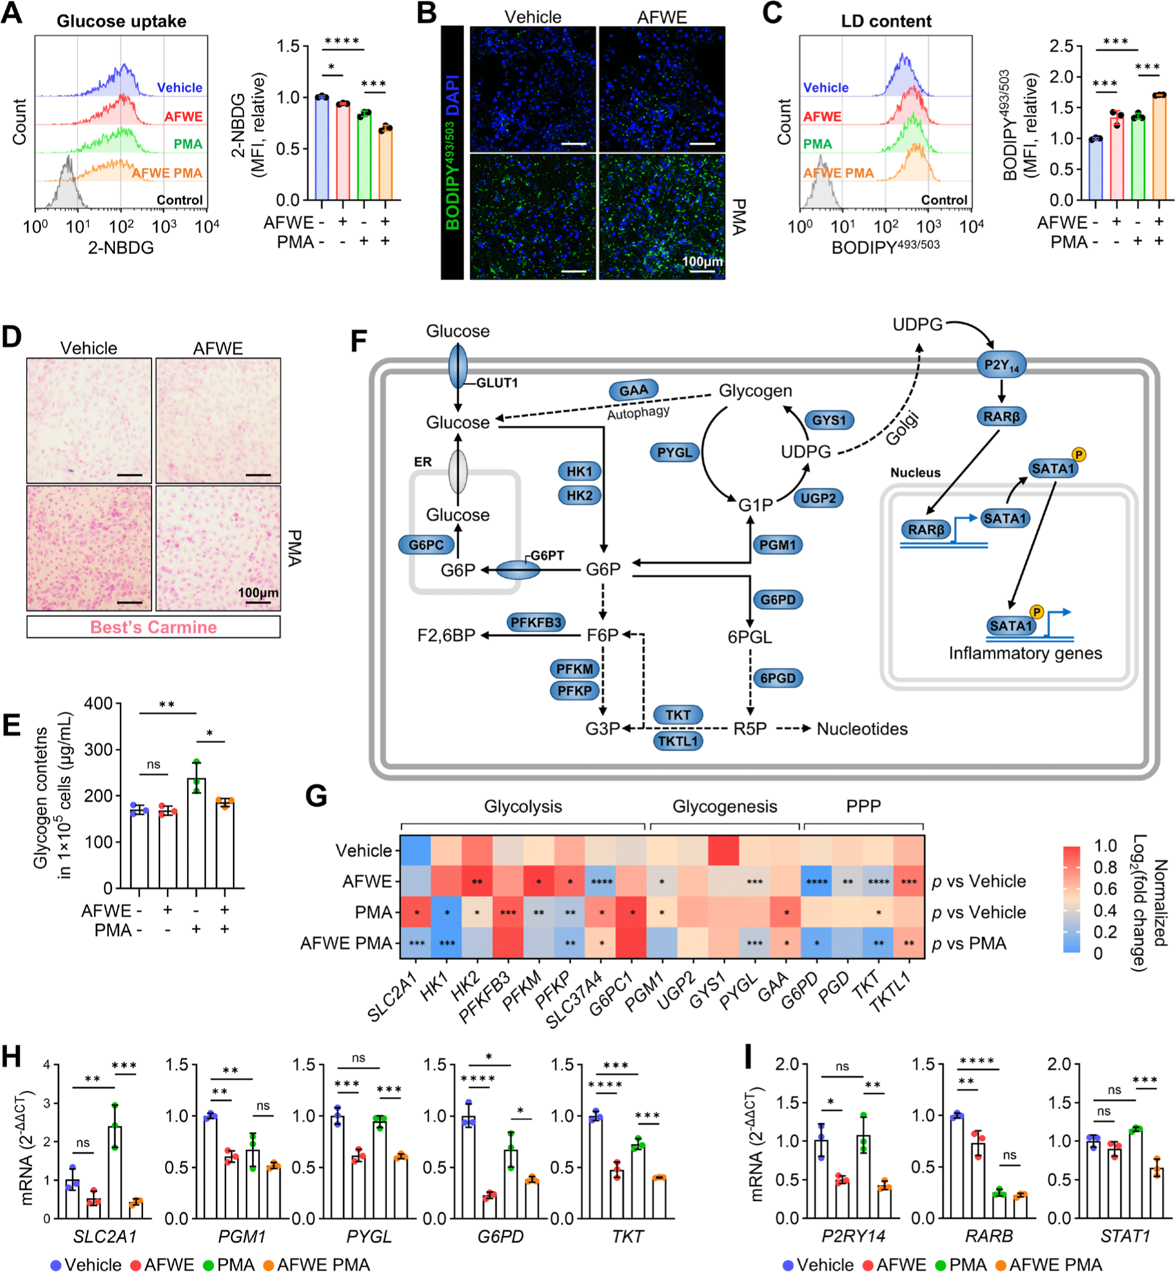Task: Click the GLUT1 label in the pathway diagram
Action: pyautogui.click(x=496, y=383)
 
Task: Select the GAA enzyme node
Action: pyautogui.click(x=633, y=391)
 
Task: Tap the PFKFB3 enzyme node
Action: pyautogui.click(x=536, y=622)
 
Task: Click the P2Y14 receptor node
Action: pyautogui.click(x=1001, y=365)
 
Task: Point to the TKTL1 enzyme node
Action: pyautogui.click(x=678, y=741)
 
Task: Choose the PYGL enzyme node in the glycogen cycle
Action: pyautogui.click(x=674, y=452)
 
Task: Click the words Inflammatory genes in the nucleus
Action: pyautogui.click(x=1025, y=653)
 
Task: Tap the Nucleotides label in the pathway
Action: pyautogui.click(x=861, y=729)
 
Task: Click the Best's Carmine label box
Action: pyautogui.click(x=153, y=627)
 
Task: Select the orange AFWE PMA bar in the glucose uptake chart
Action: pyautogui.click(x=385, y=164)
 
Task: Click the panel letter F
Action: pyautogui.click(x=359, y=341)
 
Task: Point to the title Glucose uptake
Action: pyautogui.click(x=122, y=21)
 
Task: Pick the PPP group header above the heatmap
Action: pyautogui.click(x=863, y=807)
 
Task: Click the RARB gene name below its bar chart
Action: pyautogui.click(x=989, y=1236)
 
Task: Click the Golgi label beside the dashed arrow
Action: pyautogui.click(x=902, y=428)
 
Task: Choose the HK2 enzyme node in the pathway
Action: pyautogui.click(x=579, y=495)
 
